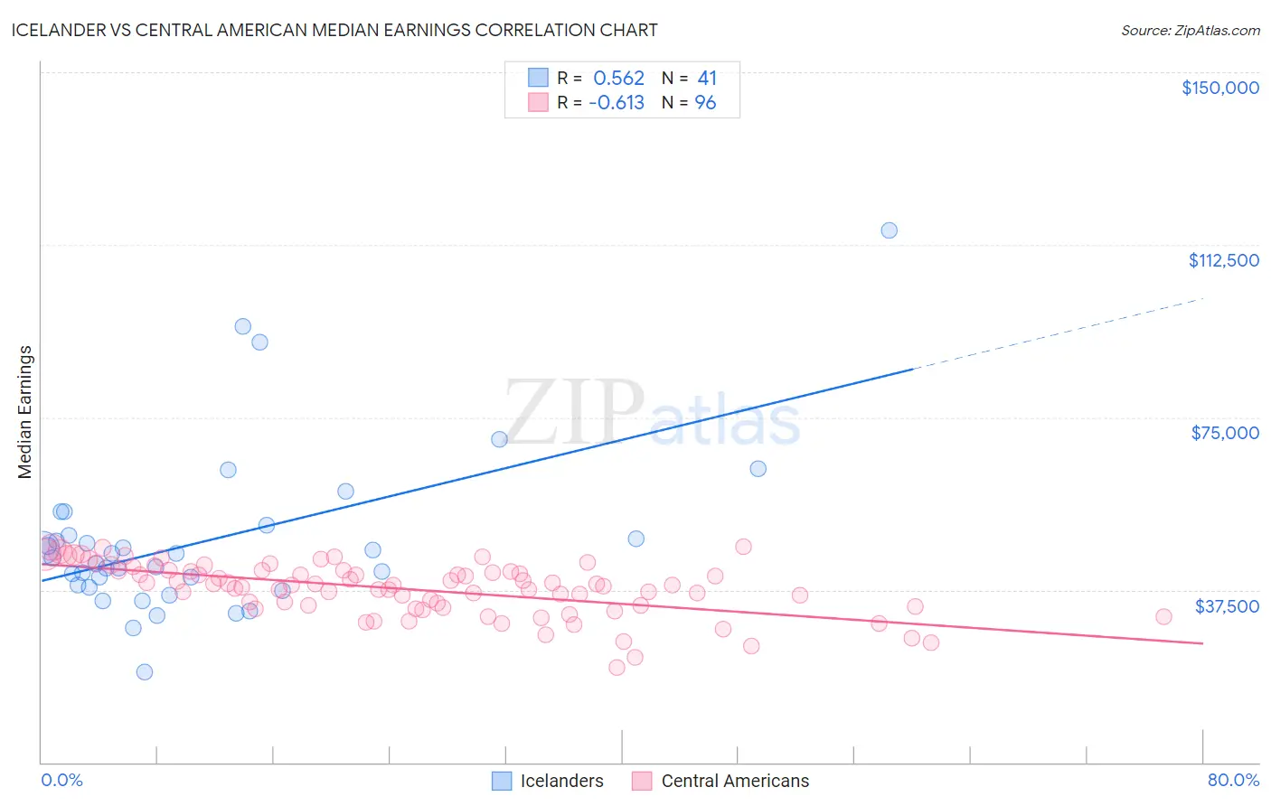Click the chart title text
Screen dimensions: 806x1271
pyautogui.click(x=334, y=30)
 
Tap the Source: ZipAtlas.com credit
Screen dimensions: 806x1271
pyautogui.click(x=1190, y=30)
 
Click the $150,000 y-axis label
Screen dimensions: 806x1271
pyautogui.click(x=1219, y=88)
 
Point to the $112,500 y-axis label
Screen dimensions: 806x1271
pyautogui.click(x=1223, y=260)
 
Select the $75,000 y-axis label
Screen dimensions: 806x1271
pyautogui.click(x=1224, y=433)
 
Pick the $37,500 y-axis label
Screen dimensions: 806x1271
pyautogui.click(x=1226, y=606)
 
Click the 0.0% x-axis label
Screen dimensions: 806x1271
pyautogui.click(x=61, y=780)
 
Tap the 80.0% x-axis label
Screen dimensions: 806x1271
pyautogui.click(x=1233, y=780)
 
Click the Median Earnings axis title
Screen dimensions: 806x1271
pyautogui.click(x=25, y=412)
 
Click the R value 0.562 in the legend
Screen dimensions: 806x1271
pyautogui.click(x=618, y=79)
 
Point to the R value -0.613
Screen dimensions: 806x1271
pyautogui.click(x=616, y=103)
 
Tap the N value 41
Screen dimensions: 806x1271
pyautogui.click(x=706, y=79)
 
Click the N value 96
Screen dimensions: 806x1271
pyautogui.click(x=705, y=103)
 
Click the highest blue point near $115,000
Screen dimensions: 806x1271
pyautogui.click(x=889, y=230)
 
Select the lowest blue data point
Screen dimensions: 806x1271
pyautogui.click(x=144, y=671)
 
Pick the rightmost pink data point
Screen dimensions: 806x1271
pyautogui.click(x=1163, y=616)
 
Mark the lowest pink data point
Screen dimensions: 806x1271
pyautogui.click(x=617, y=668)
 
